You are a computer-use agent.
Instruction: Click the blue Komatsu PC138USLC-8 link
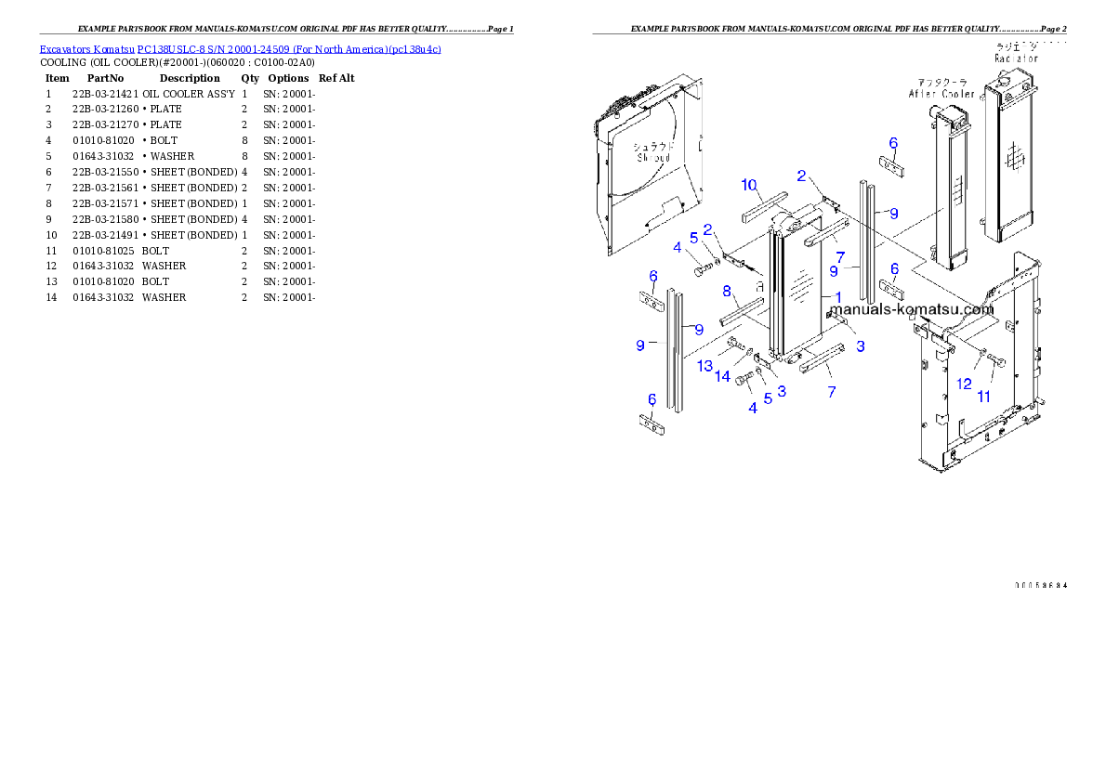[x=240, y=48]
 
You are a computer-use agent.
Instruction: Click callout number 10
[x=749, y=185]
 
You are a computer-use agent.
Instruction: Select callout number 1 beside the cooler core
[x=837, y=297]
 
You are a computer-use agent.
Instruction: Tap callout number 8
[x=727, y=291]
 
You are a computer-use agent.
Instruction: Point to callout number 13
[x=705, y=366]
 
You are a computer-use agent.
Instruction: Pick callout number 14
[x=722, y=376]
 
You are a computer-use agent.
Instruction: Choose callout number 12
[x=964, y=384]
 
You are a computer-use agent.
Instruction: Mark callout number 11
[x=983, y=397]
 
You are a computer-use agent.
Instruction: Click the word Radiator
[x=1016, y=58]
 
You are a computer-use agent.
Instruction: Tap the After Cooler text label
[x=941, y=94]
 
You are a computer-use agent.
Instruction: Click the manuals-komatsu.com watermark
[x=912, y=310]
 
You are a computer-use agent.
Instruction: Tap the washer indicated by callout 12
[x=981, y=351]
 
